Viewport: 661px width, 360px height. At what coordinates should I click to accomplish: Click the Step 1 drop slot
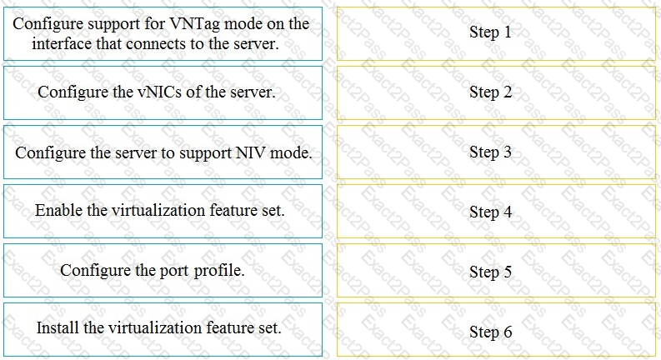pyautogui.click(x=496, y=33)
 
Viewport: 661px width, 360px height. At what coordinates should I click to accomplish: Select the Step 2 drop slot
pyautogui.click(x=496, y=92)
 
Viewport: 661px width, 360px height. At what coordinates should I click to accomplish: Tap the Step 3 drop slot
pyautogui.click(x=496, y=152)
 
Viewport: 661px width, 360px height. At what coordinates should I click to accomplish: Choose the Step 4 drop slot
pyautogui.click(x=496, y=211)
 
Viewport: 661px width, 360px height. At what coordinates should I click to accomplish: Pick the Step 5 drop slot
pyautogui.click(x=496, y=271)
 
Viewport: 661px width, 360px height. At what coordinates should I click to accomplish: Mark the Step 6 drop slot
pyautogui.click(x=496, y=330)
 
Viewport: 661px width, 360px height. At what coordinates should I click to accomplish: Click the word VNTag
pyautogui.click(x=194, y=24)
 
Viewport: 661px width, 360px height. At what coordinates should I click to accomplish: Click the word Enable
pyautogui.click(x=58, y=210)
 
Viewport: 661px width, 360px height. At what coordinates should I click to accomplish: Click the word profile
pyautogui.click(x=218, y=271)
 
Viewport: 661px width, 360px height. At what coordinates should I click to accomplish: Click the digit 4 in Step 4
pyautogui.click(x=507, y=212)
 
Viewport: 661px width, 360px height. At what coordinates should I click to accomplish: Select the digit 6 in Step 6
pyautogui.click(x=508, y=332)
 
